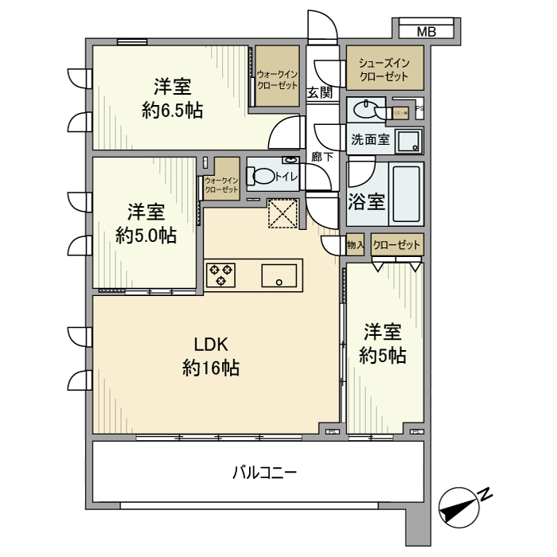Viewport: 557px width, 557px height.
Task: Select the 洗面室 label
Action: [370, 139]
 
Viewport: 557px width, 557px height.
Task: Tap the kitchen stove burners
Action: [220, 275]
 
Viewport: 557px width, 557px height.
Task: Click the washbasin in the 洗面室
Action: [365, 108]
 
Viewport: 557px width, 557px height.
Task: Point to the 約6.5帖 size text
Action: [173, 111]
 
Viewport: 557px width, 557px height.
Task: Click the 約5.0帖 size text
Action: [146, 236]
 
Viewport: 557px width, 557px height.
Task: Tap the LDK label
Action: [212, 345]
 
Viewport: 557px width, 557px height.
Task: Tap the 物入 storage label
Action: [355, 246]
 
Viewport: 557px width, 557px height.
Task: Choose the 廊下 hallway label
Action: [321, 157]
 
